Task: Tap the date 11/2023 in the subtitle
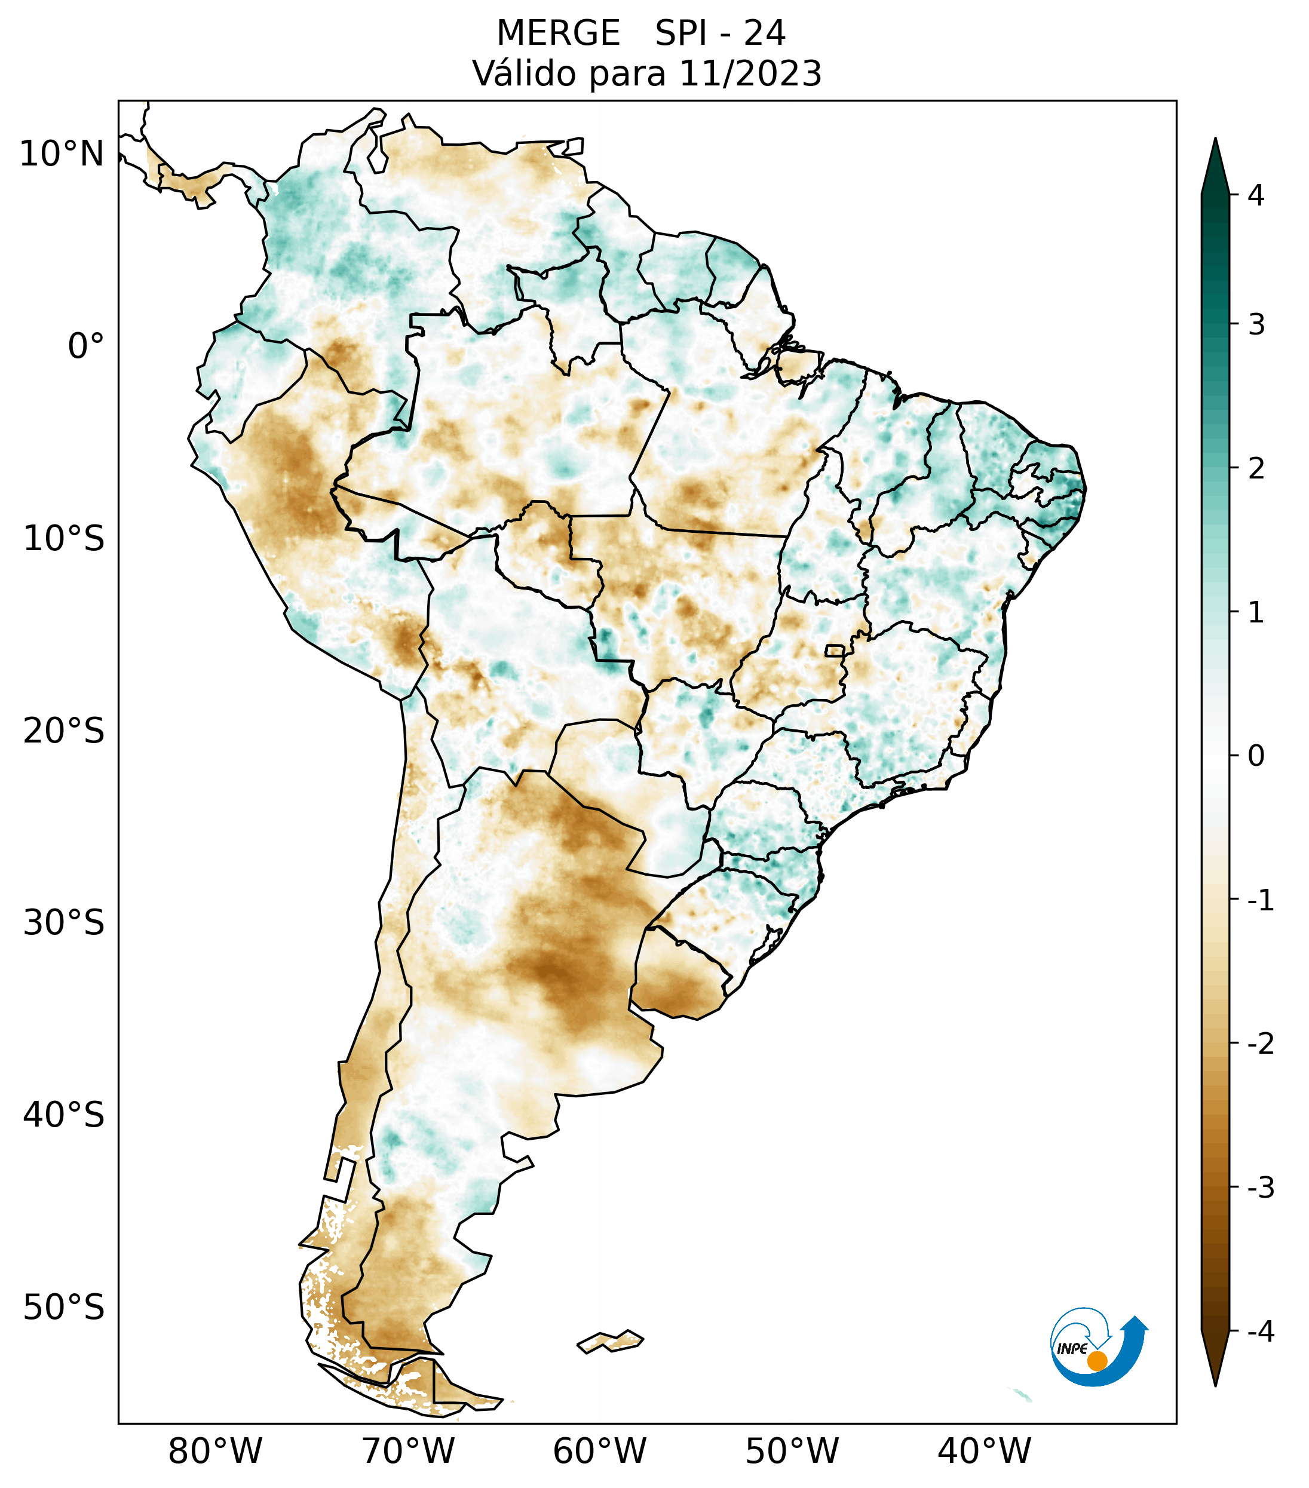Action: (x=750, y=73)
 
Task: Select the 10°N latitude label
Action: (x=62, y=154)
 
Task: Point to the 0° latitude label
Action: (x=86, y=346)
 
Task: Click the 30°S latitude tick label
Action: (x=64, y=923)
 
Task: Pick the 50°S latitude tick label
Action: (x=64, y=1308)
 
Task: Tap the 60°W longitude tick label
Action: (x=599, y=1451)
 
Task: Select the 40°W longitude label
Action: (x=983, y=1451)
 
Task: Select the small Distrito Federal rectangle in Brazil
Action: (x=835, y=650)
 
